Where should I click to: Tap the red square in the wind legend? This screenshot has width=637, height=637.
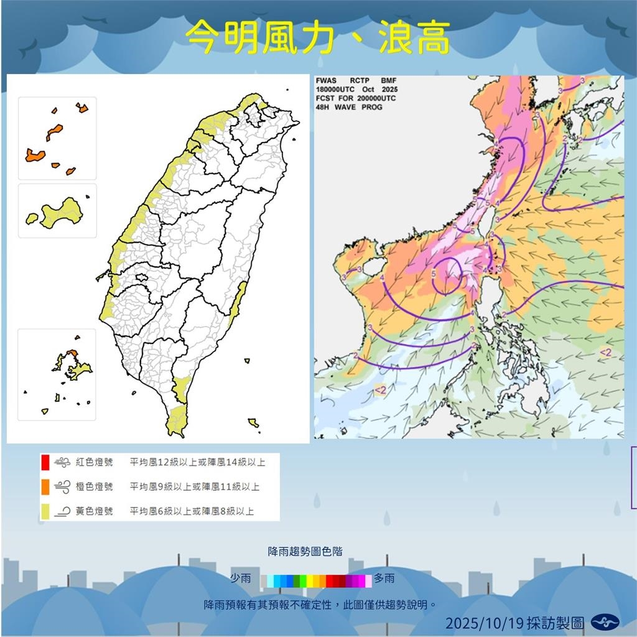point(45,462)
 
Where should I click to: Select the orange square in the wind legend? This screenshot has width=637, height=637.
point(45,486)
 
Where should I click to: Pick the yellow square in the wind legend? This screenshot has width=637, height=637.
point(45,511)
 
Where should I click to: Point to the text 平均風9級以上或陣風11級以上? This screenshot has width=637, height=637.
point(195,486)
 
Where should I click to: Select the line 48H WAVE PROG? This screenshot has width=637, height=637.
point(349,107)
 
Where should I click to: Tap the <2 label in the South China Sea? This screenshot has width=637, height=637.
point(380,390)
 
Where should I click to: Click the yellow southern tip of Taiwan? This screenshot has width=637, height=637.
point(177,420)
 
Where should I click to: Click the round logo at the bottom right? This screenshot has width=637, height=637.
point(605,621)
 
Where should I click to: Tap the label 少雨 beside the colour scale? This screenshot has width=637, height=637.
point(241,579)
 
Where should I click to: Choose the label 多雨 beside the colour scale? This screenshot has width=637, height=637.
point(384,579)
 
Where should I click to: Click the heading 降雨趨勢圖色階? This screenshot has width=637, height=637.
point(305,551)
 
